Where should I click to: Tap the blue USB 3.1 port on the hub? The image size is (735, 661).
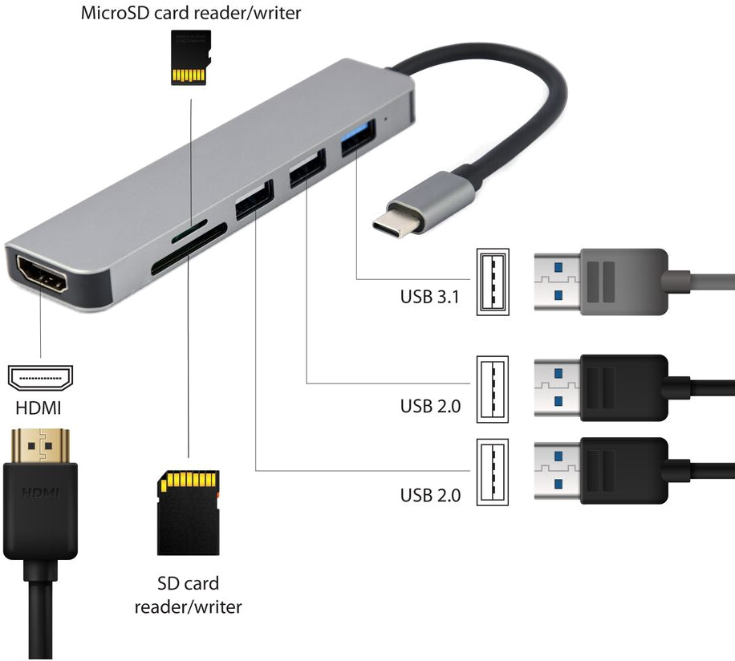(354, 145)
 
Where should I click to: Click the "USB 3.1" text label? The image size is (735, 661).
(430, 297)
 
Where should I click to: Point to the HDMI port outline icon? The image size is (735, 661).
(40, 375)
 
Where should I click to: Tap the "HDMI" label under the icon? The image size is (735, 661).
(39, 408)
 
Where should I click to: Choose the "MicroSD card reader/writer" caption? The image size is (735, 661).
(191, 14)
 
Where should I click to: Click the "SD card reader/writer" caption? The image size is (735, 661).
(188, 594)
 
